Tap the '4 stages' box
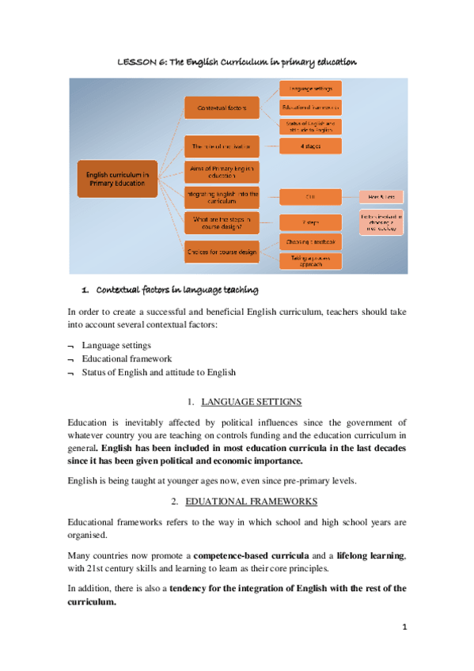click(x=311, y=146)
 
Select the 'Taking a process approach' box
click(x=311, y=261)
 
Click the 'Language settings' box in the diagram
click(x=311, y=88)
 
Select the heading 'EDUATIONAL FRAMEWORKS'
click(x=251, y=502)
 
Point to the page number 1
click(x=404, y=627)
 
